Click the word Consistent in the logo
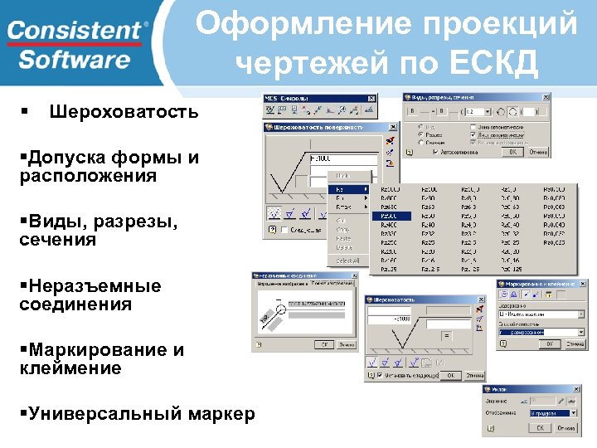click(x=75, y=32)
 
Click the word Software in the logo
click(x=75, y=60)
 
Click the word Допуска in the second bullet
click(x=68, y=158)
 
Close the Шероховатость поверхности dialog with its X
click(x=391, y=128)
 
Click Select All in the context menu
click(x=347, y=261)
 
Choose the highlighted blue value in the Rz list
click(x=388, y=216)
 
